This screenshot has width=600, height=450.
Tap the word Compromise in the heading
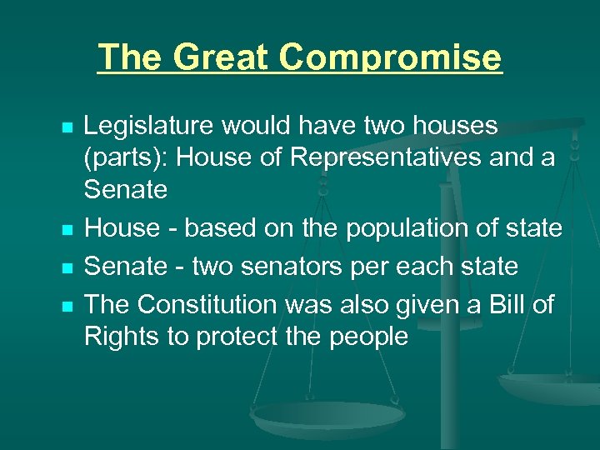point(391,58)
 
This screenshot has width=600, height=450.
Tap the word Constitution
point(212,305)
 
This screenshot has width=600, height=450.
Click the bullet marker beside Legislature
point(67,127)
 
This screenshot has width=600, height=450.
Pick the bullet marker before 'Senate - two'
point(67,267)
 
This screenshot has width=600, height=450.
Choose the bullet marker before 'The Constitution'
point(67,306)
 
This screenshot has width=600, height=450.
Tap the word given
point(426,305)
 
